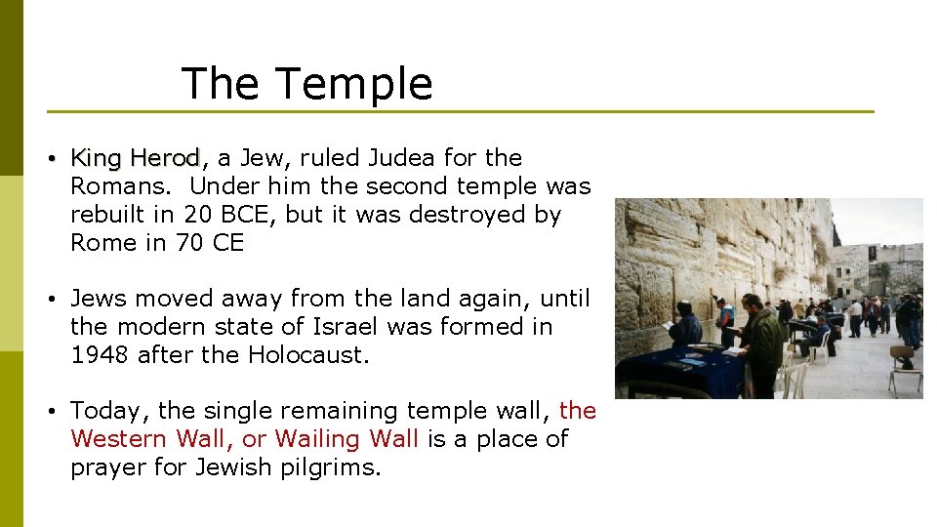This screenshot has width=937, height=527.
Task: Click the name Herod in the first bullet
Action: pyautogui.click(x=165, y=158)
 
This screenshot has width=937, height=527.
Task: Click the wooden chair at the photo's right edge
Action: pyautogui.click(x=905, y=369)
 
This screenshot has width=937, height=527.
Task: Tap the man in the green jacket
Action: pyautogui.click(x=762, y=342)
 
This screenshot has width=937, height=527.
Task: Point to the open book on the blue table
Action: pyautogui.click(x=733, y=349)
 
